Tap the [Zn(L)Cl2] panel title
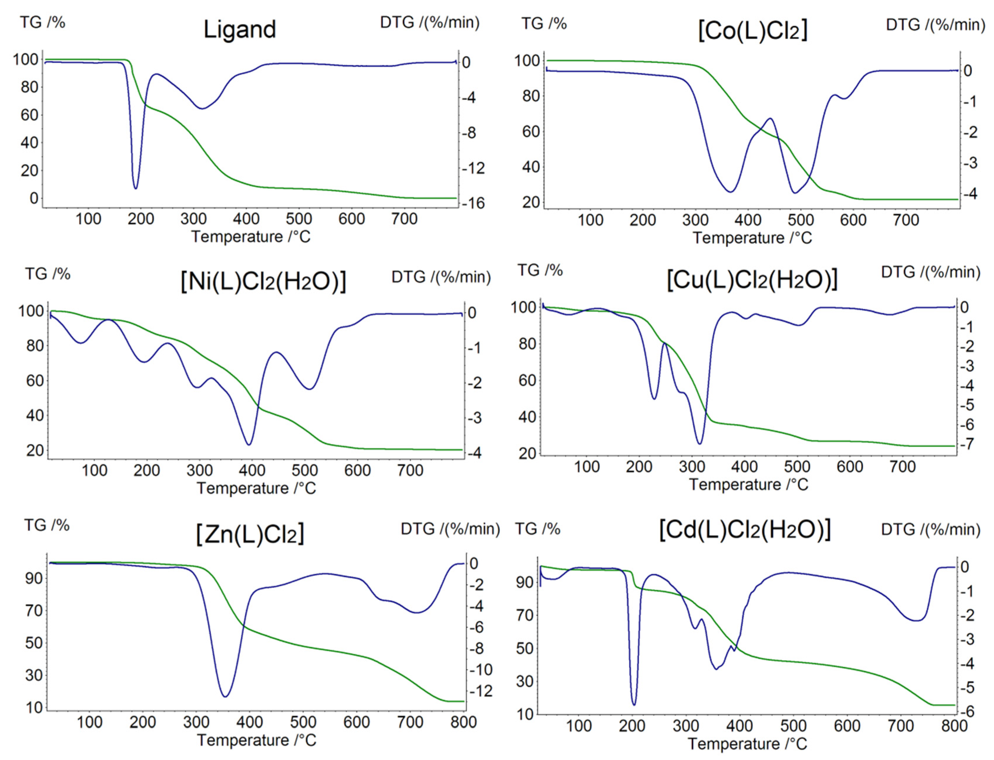point(250,534)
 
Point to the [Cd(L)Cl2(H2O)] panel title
point(745,529)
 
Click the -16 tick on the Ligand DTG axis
point(473,203)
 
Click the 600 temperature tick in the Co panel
point(853,220)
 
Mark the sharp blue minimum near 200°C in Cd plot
point(634,704)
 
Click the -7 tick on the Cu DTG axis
point(967,444)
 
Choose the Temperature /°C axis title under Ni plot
point(256,488)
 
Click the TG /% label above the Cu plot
point(540,271)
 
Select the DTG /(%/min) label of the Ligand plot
point(429,22)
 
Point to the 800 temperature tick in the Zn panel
point(463,722)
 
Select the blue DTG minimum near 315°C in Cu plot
point(700,443)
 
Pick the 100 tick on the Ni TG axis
point(30,311)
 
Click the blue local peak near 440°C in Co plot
point(770,119)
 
